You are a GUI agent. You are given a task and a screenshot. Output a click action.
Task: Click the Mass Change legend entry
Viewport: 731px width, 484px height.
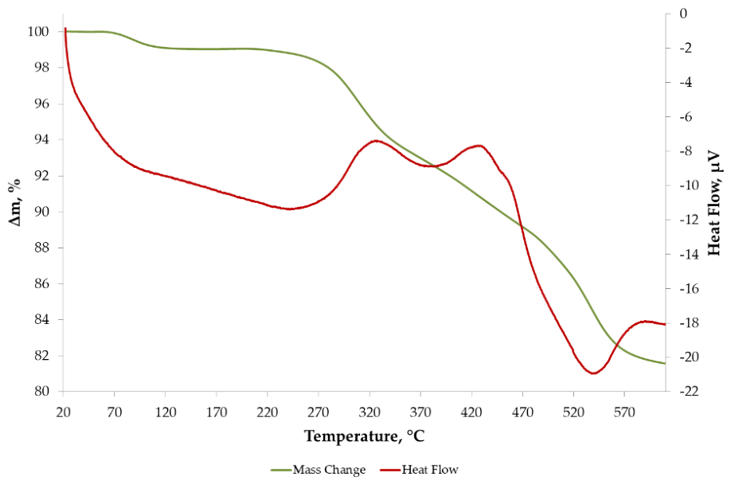coord(318,470)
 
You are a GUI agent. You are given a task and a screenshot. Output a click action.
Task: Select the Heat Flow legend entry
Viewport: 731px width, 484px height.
coord(419,470)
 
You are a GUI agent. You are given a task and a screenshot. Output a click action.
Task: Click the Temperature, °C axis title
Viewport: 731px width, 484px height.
coord(365,436)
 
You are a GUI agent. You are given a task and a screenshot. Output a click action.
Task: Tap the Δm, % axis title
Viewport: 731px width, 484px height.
coord(15,202)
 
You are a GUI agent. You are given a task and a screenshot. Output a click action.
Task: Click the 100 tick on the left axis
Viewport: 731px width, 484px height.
coord(38,32)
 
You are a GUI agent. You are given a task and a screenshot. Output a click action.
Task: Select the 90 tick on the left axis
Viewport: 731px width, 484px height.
coord(41,212)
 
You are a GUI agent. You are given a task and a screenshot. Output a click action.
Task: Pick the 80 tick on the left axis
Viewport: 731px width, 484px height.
coord(41,392)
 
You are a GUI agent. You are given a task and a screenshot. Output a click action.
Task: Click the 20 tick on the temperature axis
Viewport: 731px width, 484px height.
coord(64,412)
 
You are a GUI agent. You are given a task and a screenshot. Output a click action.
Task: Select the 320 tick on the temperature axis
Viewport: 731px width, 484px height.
coord(369,412)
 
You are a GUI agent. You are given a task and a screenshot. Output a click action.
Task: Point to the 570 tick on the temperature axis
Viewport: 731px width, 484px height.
coord(625,412)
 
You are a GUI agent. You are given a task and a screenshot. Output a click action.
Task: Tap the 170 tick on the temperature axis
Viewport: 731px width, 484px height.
coord(217,412)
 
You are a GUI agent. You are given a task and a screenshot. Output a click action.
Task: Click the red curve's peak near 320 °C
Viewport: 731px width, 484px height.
coord(375,141)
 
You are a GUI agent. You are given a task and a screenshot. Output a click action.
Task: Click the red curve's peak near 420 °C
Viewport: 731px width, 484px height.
coord(479,146)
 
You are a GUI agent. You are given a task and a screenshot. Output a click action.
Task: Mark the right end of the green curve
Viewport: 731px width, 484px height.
coord(665,363)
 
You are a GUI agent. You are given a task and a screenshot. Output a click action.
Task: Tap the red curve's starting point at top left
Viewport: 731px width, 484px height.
coord(65,29)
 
